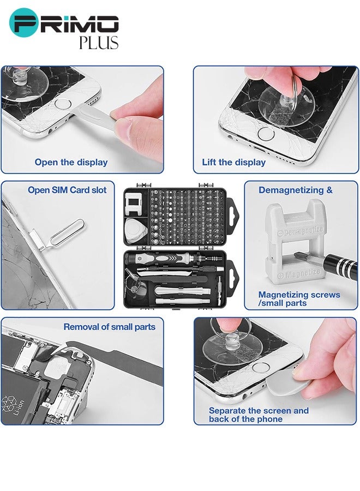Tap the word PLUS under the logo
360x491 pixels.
click(x=99, y=43)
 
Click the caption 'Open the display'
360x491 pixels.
click(x=71, y=162)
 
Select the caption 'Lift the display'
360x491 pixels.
click(x=233, y=162)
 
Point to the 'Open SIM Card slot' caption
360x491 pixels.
click(x=67, y=190)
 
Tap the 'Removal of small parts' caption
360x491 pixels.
click(x=110, y=327)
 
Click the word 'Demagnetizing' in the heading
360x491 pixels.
click(x=287, y=190)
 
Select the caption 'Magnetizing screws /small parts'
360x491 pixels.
click(x=299, y=299)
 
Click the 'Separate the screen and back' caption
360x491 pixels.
click(x=259, y=415)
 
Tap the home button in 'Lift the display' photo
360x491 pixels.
click(x=266, y=134)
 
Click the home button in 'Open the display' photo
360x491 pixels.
click(x=63, y=104)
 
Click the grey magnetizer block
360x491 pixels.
click(x=295, y=242)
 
